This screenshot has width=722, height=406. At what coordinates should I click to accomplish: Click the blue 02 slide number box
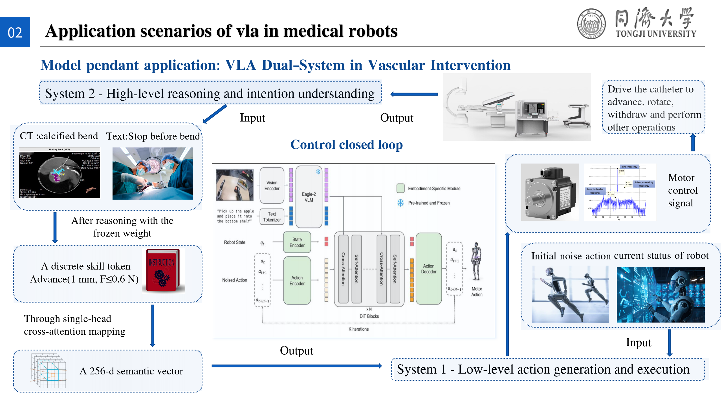pyautogui.click(x=15, y=32)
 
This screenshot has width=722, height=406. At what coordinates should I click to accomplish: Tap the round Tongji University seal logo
pyautogui.click(x=591, y=24)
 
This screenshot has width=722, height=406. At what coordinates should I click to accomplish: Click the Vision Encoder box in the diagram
pyautogui.click(x=272, y=186)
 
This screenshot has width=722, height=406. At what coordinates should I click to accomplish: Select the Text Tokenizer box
pyautogui.click(x=272, y=217)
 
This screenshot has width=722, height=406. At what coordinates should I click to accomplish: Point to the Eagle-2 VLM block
pyautogui.click(x=309, y=197)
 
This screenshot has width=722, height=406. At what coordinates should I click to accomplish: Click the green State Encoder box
pyautogui.click(x=297, y=242)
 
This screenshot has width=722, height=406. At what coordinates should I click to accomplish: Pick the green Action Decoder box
pyautogui.click(x=428, y=268)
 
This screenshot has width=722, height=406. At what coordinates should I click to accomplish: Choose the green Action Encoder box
pyautogui.click(x=297, y=281)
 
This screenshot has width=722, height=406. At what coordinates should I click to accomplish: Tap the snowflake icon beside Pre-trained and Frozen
pyautogui.click(x=400, y=203)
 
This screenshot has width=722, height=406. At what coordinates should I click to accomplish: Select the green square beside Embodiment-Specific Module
pyautogui.click(x=400, y=188)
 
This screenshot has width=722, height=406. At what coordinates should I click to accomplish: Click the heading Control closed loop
pyautogui.click(x=346, y=145)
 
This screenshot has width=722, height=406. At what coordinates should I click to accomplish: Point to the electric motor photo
pyautogui.click(x=549, y=192)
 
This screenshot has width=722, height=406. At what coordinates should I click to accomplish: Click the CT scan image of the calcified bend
pyautogui.click(x=59, y=173)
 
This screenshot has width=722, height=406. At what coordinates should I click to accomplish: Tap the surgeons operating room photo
pyautogui.click(x=153, y=173)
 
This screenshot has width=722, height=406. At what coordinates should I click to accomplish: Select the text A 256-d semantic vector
pyautogui.click(x=131, y=371)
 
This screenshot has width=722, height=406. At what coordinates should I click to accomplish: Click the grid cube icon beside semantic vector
pyautogui.click(x=49, y=370)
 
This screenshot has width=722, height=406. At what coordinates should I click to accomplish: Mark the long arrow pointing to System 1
pyautogui.click(x=296, y=366)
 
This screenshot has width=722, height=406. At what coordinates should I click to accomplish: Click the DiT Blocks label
pyautogui.click(x=369, y=316)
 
